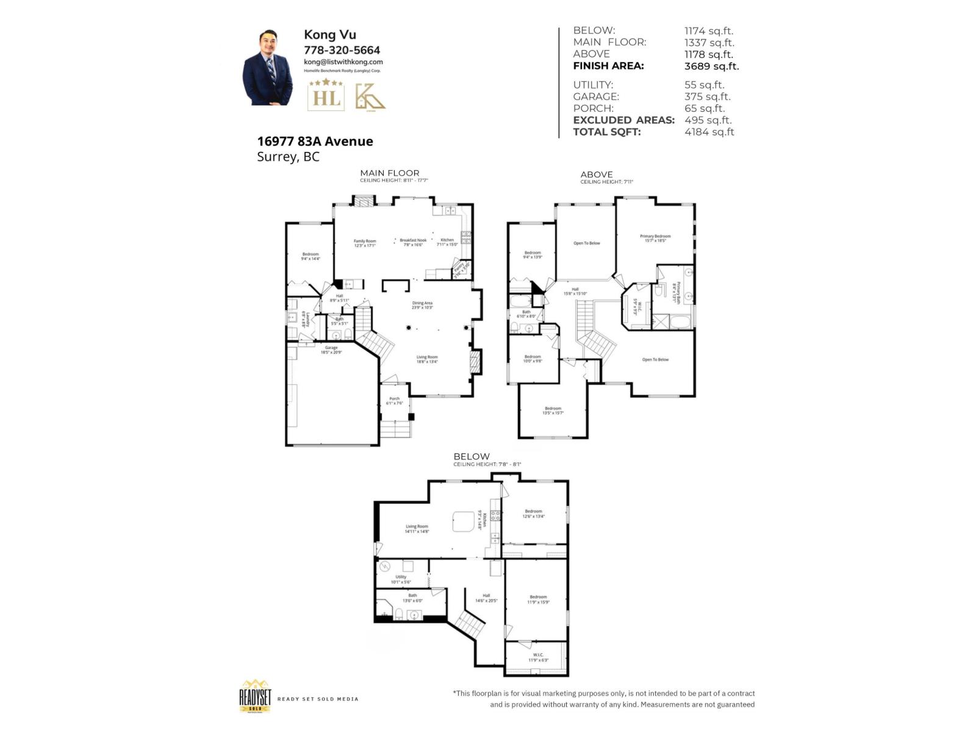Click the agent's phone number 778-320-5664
[x=342, y=50]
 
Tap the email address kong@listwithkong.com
[x=343, y=62]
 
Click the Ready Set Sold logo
[x=255, y=696]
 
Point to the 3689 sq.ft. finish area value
[x=711, y=66]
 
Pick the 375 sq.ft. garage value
[x=707, y=96]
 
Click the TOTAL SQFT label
[x=607, y=132]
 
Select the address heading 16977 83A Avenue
[x=315, y=141]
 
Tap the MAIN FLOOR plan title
[x=390, y=173]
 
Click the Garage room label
[x=331, y=348]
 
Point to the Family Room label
[x=365, y=241]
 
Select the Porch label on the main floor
[x=395, y=399]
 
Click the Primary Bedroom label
[x=655, y=236]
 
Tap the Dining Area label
[x=422, y=303]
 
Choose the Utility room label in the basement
[x=401, y=577]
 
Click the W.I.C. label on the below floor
[x=537, y=655]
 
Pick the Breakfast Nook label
[x=413, y=240]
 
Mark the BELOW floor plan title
[x=471, y=456]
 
